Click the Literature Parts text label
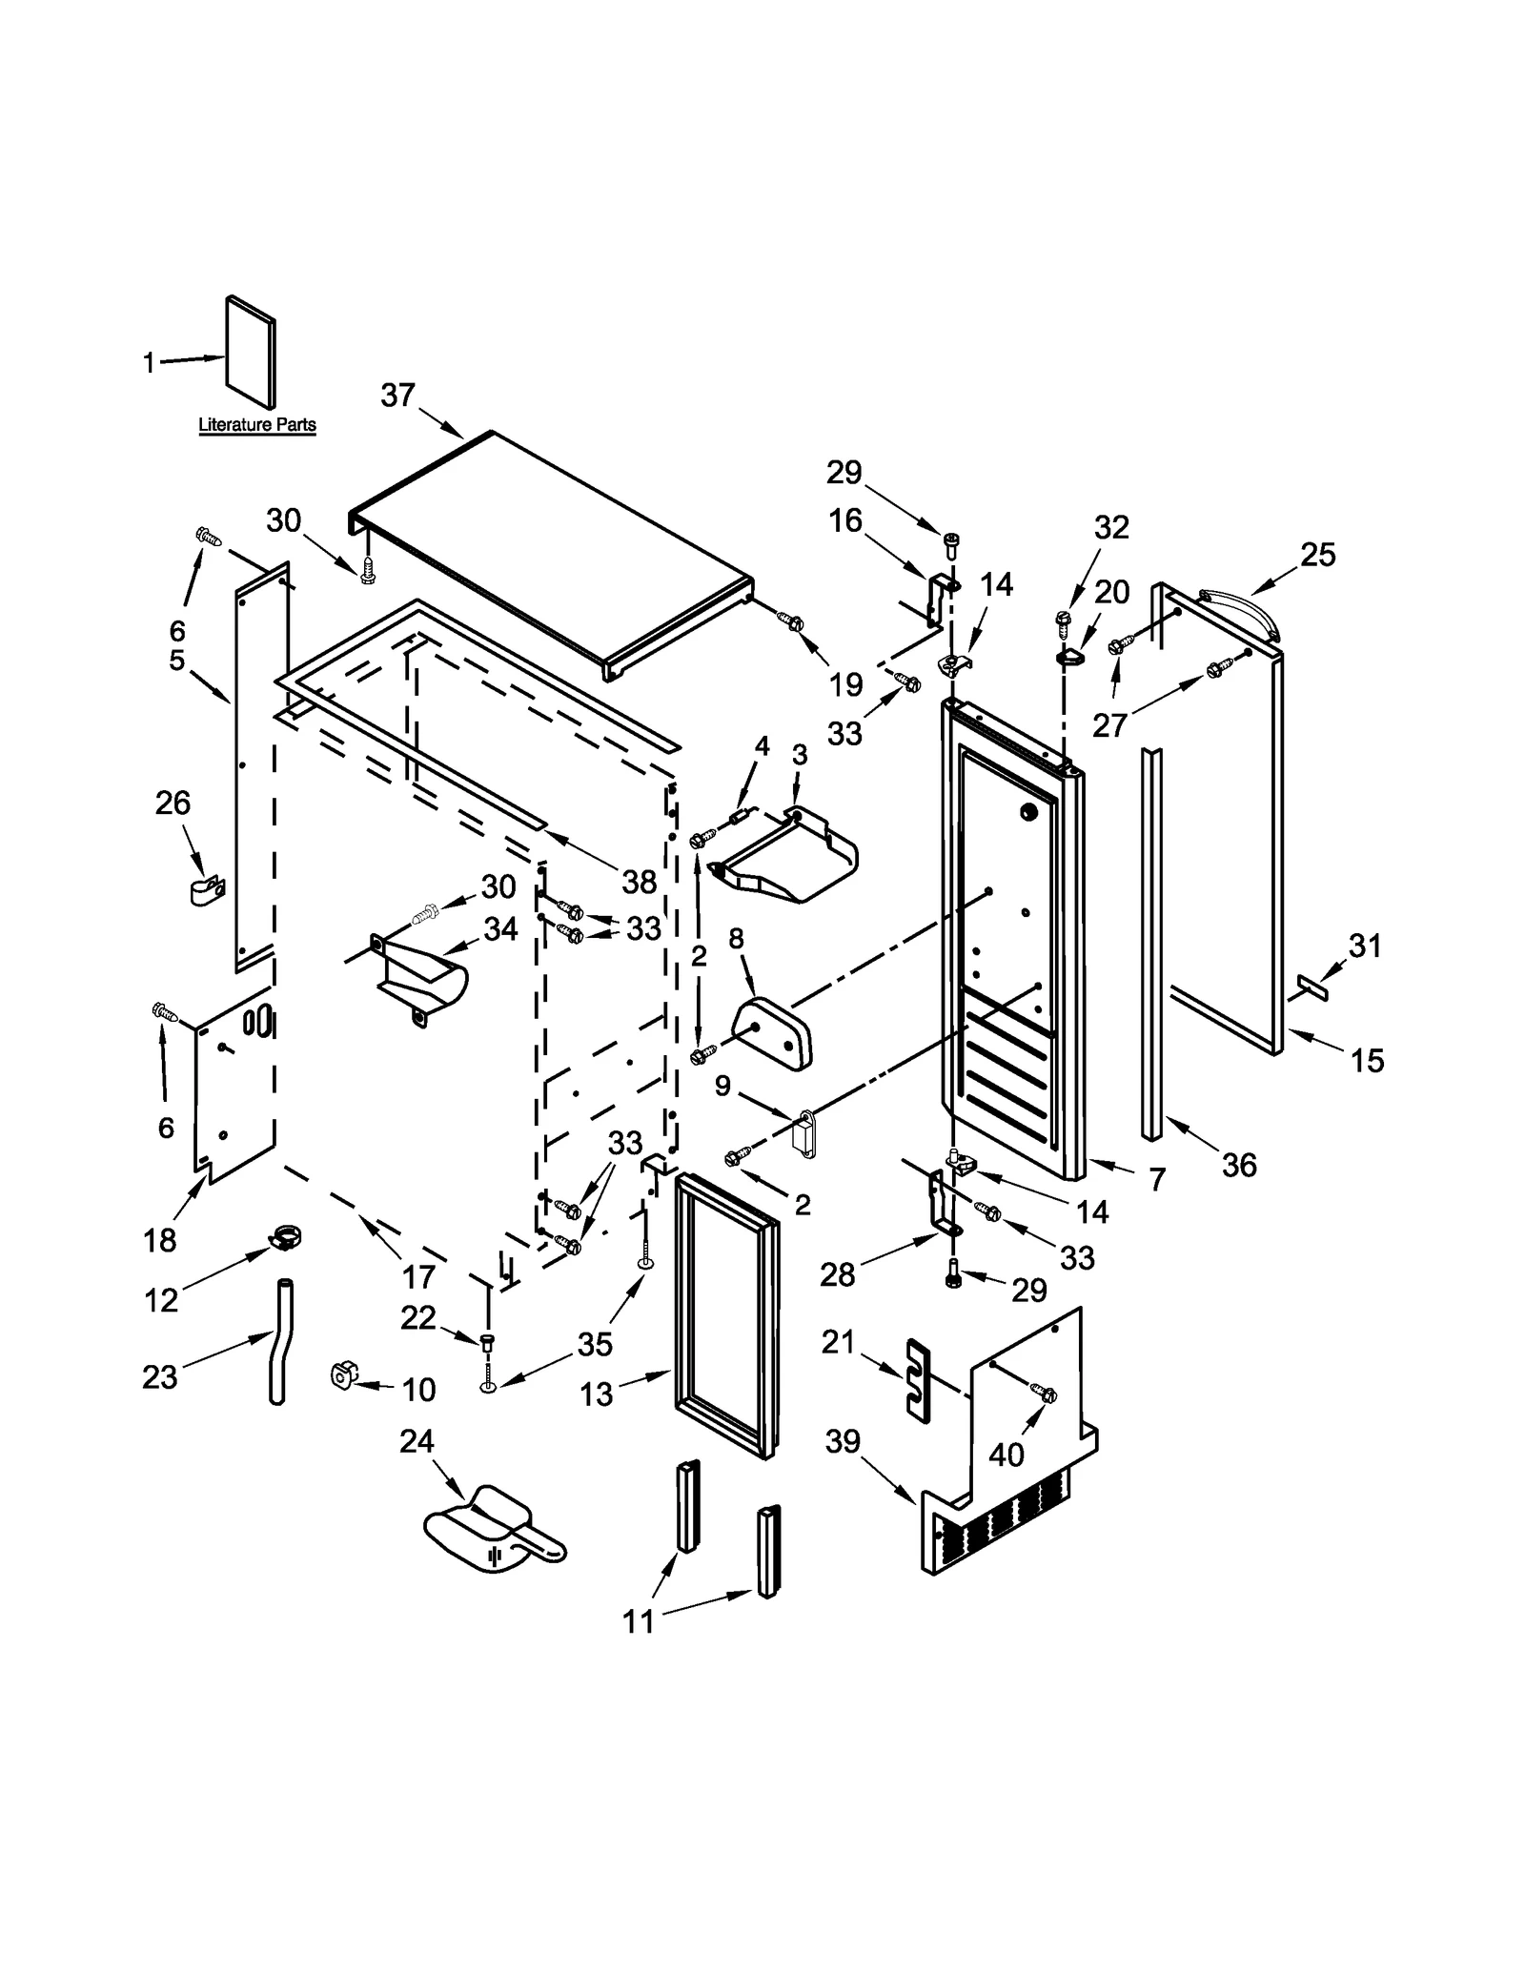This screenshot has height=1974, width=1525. (x=256, y=425)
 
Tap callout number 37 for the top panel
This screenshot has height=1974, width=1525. (x=397, y=395)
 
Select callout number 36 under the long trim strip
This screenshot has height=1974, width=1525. (x=1239, y=1165)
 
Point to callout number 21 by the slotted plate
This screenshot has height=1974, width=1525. (x=838, y=1342)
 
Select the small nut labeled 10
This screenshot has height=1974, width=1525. (x=341, y=1375)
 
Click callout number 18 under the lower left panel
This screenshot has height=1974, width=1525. (x=160, y=1240)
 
